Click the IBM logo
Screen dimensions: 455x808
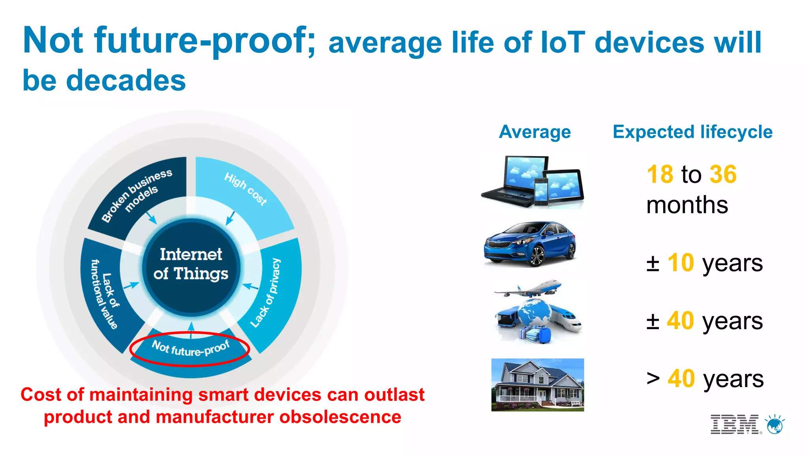(x=734, y=425)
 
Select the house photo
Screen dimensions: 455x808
(x=537, y=385)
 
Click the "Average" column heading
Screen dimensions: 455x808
(x=535, y=132)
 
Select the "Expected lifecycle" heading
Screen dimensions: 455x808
(x=692, y=132)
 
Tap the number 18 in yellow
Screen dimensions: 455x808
(x=660, y=174)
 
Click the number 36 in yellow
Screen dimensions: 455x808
(x=723, y=174)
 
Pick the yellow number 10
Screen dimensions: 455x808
(x=681, y=263)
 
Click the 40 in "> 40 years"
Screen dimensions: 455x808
(x=681, y=379)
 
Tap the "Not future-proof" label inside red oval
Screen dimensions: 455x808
(x=191, y=348)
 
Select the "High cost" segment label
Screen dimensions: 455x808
(x=245, y=189)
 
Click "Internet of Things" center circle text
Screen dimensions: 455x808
(x=191, y=264)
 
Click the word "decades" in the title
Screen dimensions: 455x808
(x=125, y=81)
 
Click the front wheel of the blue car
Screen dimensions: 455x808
(x=537, y=257)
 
